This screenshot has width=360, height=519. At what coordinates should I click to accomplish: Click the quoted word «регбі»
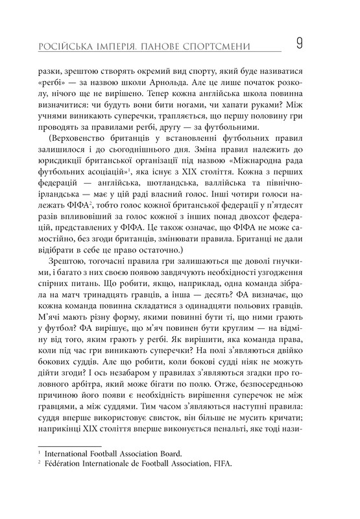[x=55, y=84]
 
